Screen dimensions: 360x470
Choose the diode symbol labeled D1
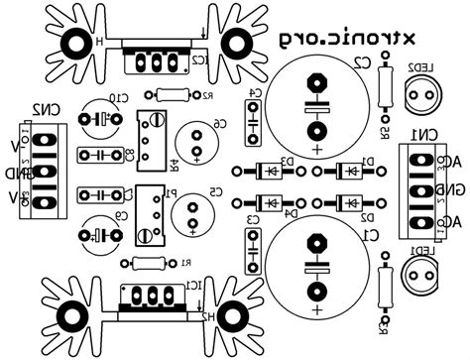pos(350,170)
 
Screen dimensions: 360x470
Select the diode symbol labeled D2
pos(350,201)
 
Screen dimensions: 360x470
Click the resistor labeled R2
pos(174,95)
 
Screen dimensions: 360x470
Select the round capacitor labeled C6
pos(194,138)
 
